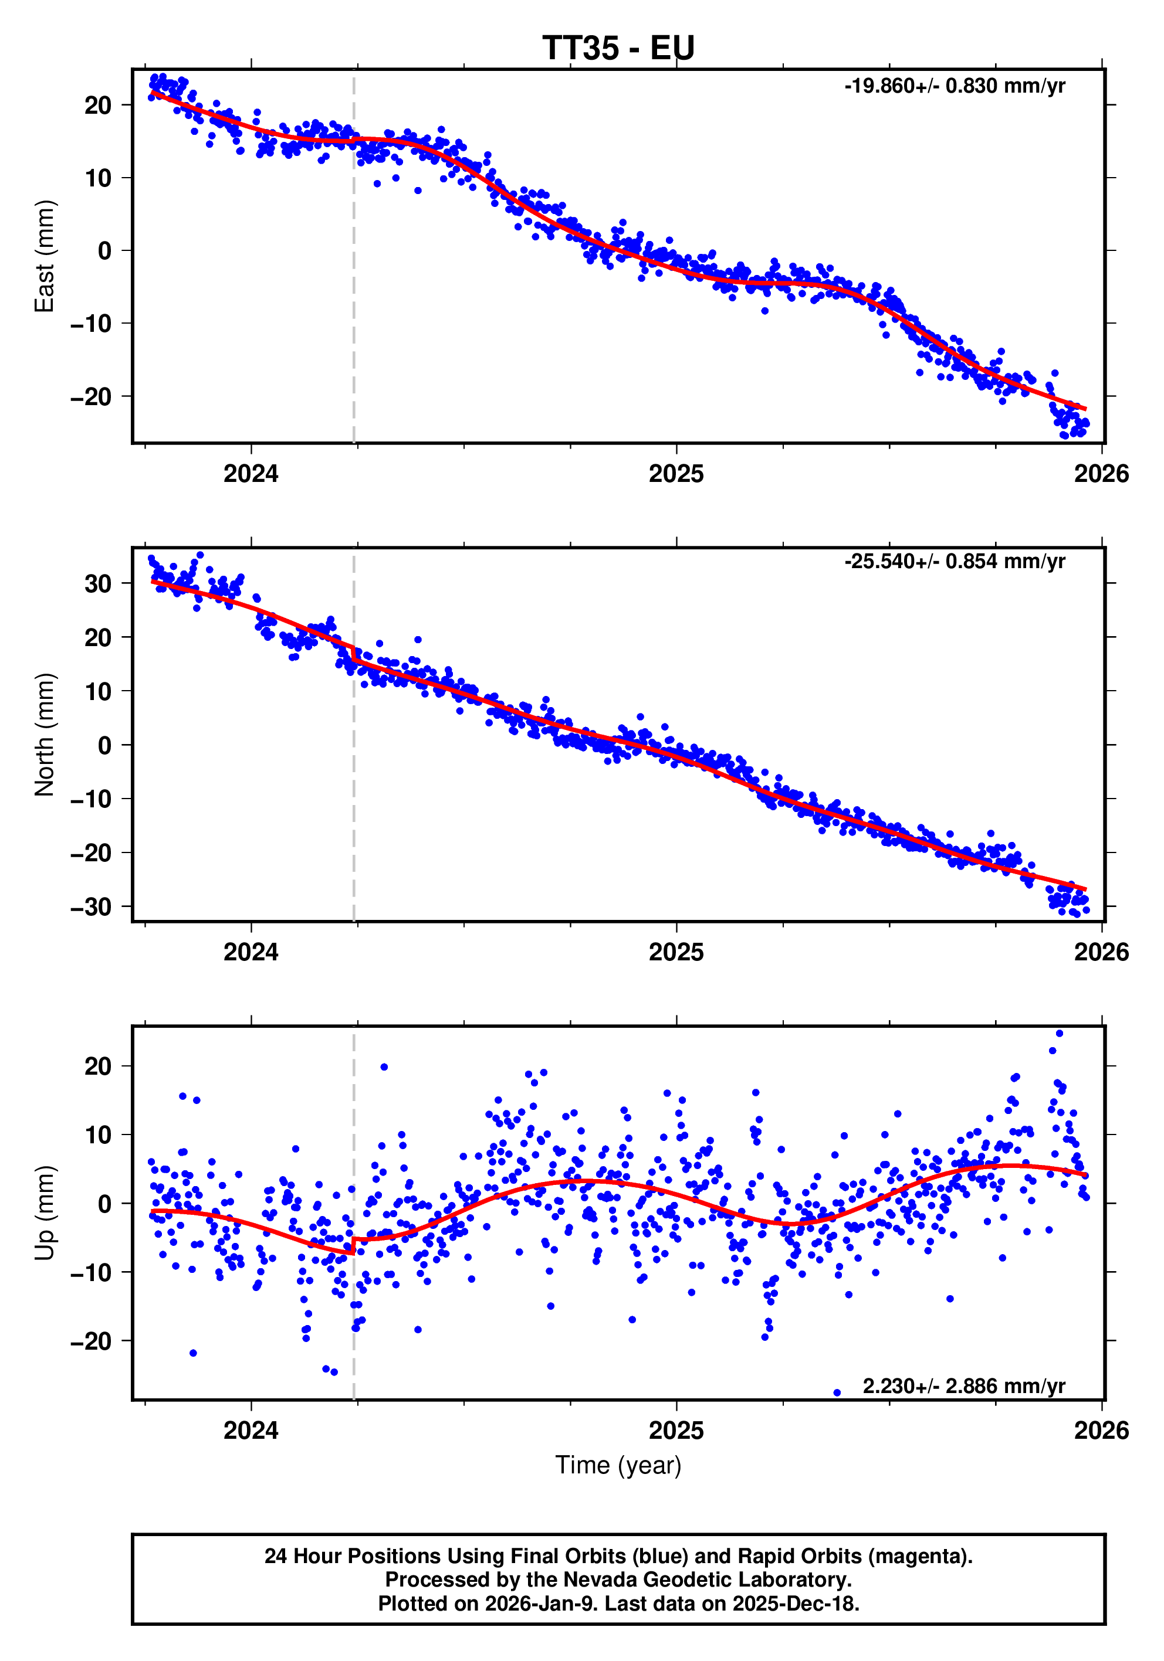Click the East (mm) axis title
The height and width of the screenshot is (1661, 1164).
click(44, 256)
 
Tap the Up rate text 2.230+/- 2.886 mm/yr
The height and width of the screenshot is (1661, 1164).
click(963, 1386)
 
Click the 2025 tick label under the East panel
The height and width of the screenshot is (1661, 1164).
click(675, 474)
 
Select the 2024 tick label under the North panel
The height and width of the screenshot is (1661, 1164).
click(251, 952)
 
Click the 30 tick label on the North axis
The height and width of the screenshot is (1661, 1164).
click(98, 584)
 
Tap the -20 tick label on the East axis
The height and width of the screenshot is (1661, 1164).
click(90, 396)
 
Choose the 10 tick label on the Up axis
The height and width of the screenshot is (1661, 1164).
click(98, 1135)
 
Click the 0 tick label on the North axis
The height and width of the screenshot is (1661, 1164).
click(104, 745)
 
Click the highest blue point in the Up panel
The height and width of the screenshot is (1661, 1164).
click(1059, 1034)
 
